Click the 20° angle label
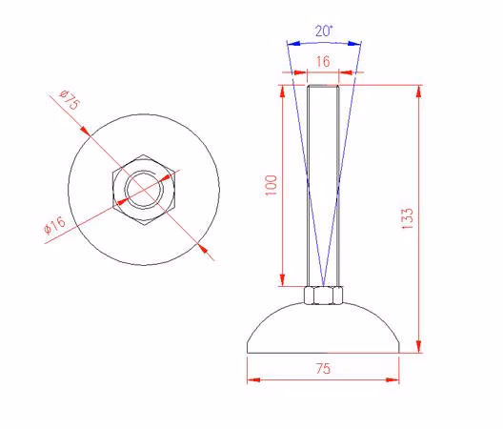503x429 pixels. click(x=324, y=31)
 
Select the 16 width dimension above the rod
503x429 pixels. click(x=323, y=62)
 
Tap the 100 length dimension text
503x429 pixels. click(x=272, y=185)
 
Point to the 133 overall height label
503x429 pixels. click(x=408, y=218)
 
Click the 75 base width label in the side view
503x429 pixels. click(x=323, y=369)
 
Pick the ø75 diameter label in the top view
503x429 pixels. click(x=70, y=100)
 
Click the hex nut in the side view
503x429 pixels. click(x=323, y=296)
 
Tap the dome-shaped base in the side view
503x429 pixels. click(x=323, y=328)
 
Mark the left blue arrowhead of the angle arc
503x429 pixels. click(x=293, y=43)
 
